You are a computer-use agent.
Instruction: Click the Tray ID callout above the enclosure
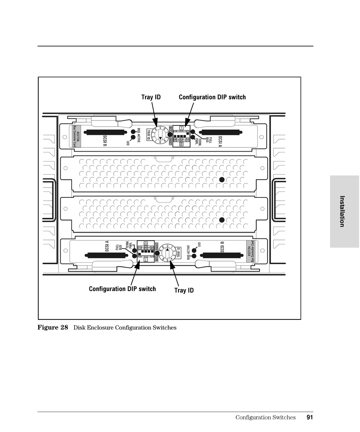pos(151,97)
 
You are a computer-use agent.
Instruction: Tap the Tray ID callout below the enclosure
pos(184,291)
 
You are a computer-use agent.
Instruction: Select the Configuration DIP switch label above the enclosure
pos(212,97)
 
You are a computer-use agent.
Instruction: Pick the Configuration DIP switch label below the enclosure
pos(122,289)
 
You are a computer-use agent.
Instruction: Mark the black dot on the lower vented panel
pos(222,220)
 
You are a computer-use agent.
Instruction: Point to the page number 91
pos(310,418)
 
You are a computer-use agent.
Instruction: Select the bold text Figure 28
pos(53,327)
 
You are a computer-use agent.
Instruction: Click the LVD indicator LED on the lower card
pos(194,250)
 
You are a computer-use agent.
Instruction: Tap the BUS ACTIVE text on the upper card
pos(139,136)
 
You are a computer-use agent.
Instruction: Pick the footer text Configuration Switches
pos(265,418)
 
